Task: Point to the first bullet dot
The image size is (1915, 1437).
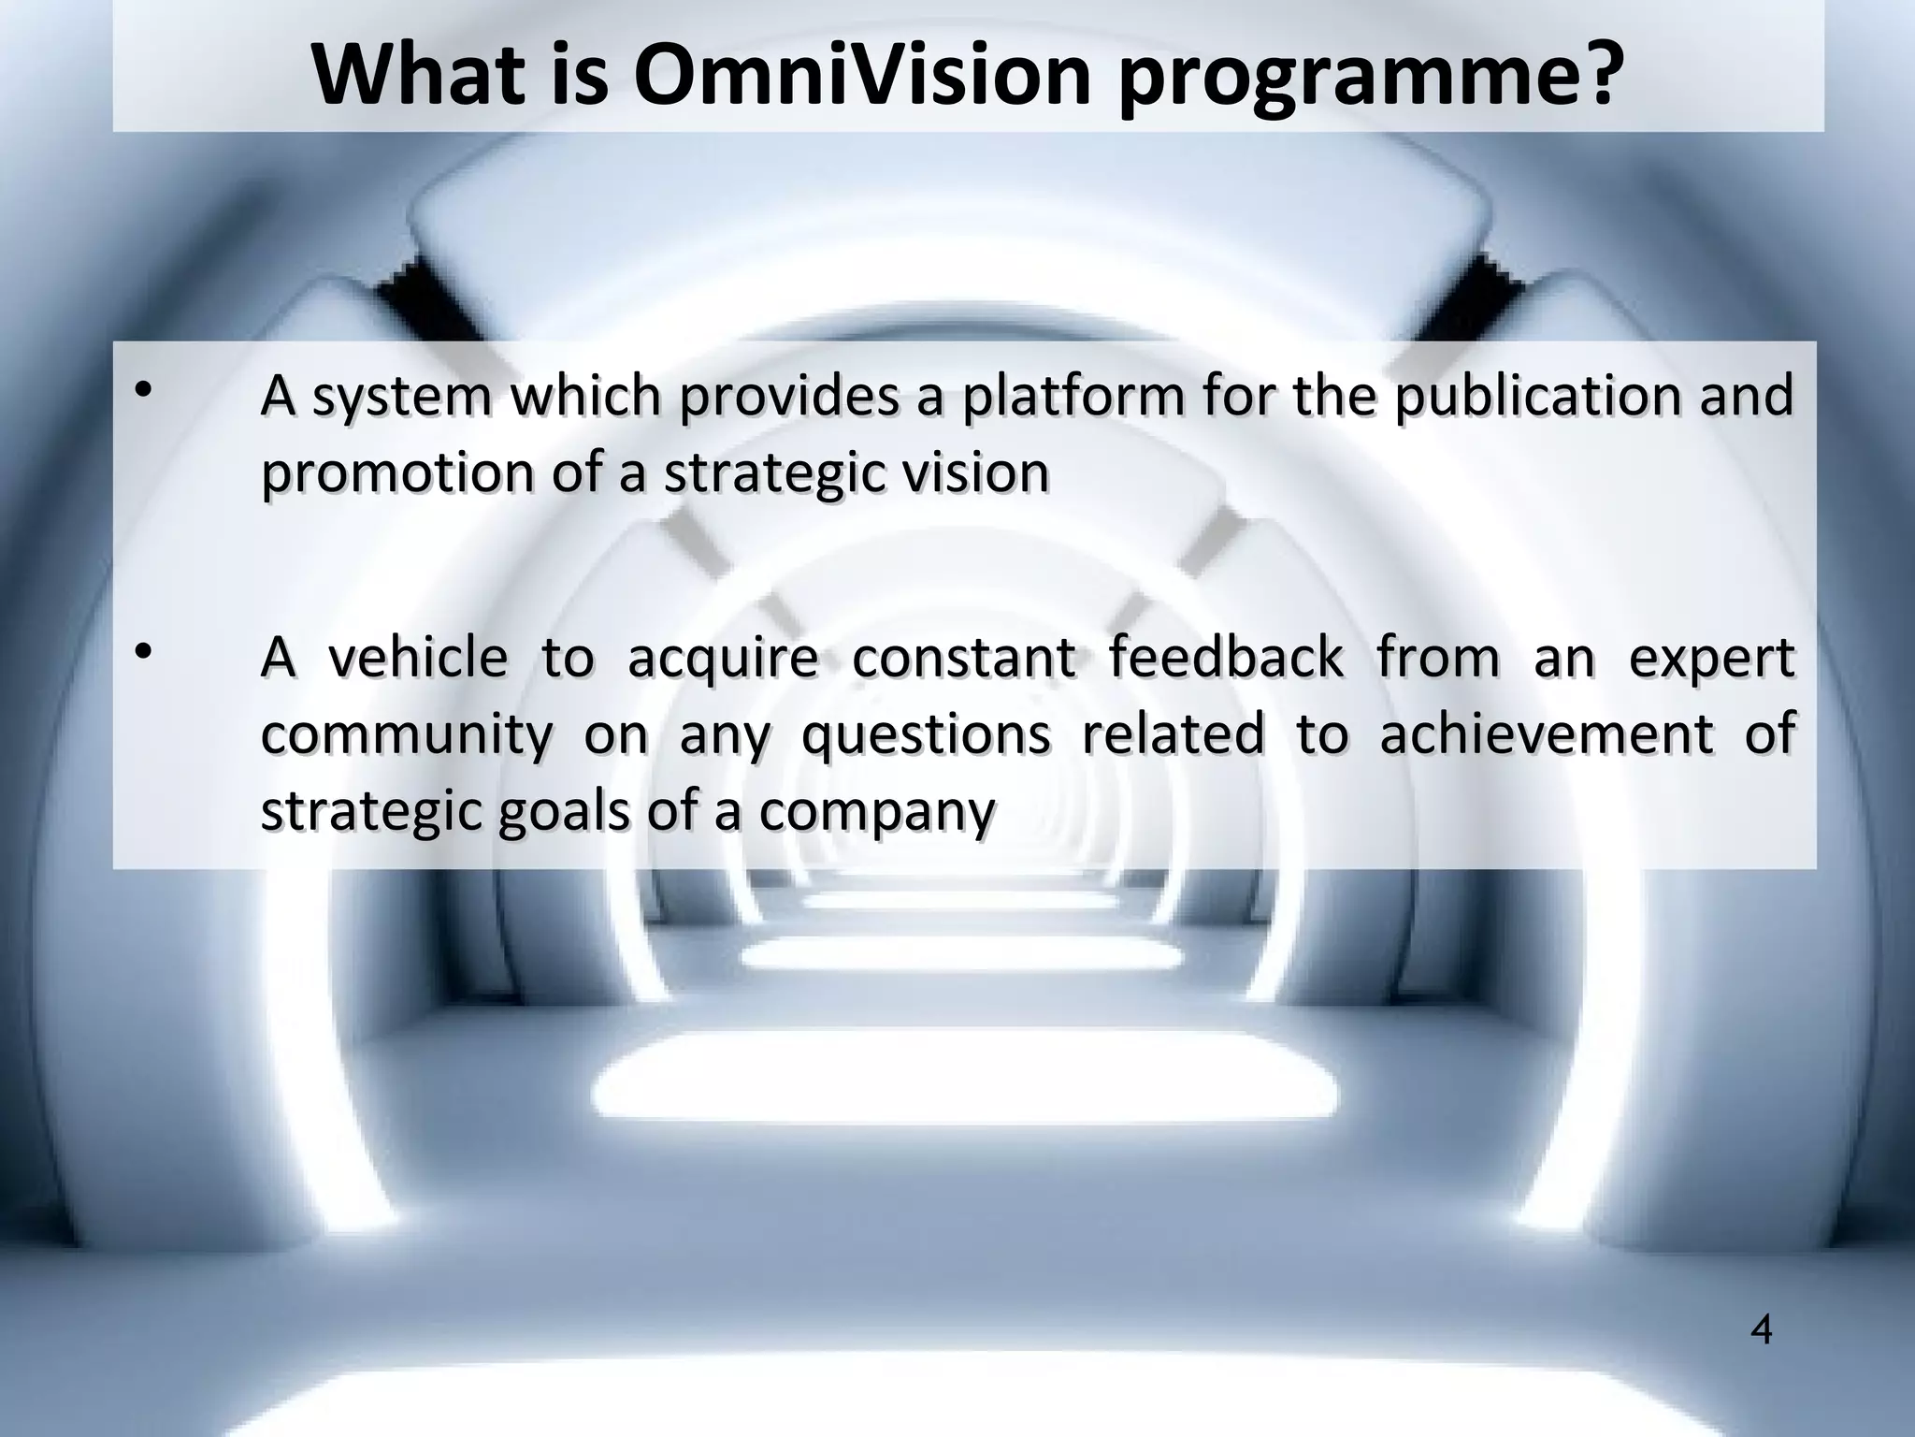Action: coord(142,391)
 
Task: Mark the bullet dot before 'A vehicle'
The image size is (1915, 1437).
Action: coord(142,652)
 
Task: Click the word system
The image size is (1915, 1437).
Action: coord(402,398)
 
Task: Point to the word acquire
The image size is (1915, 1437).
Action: coord(723,660)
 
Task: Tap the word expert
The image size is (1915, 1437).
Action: coord(1711,660)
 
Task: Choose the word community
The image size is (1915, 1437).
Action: coord(407,735)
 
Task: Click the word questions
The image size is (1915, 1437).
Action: coord(926,735)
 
